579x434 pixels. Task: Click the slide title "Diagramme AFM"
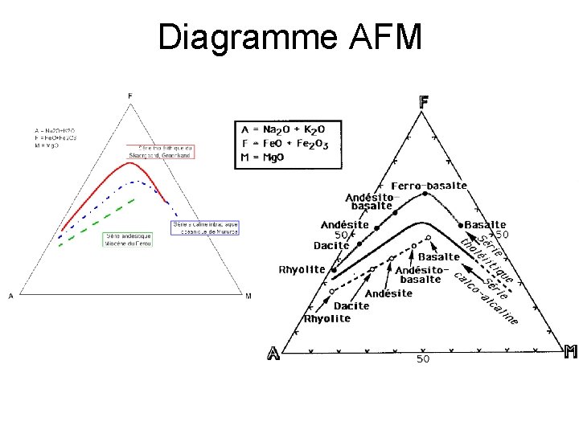pyautogui.click(x=289, y=37)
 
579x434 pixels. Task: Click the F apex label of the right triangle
pyautogui.click(x=423, y=102)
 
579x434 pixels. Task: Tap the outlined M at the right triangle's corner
pyautogui.click(x=570, y=351)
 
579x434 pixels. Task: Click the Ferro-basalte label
pyautogui.click(x=429, y=186)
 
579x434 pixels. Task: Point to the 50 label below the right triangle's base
pyautogui.click(x=423, y=360)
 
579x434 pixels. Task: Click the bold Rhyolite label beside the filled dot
pyautogui.click(x=302, y=269)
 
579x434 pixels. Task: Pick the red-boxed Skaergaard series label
pyautogui.click(x=161, y=150)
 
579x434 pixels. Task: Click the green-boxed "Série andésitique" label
pyautogui.click(x=128, y=240)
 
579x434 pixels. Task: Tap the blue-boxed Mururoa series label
pyautogui.click(x=204, y=227)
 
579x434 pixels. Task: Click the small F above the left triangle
pyautogui.click(x=130, y=96)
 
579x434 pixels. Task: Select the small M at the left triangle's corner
pyautogui.click(x=248, y=297)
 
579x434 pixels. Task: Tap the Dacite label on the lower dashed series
pyautogui.click(x=351, y=306)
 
